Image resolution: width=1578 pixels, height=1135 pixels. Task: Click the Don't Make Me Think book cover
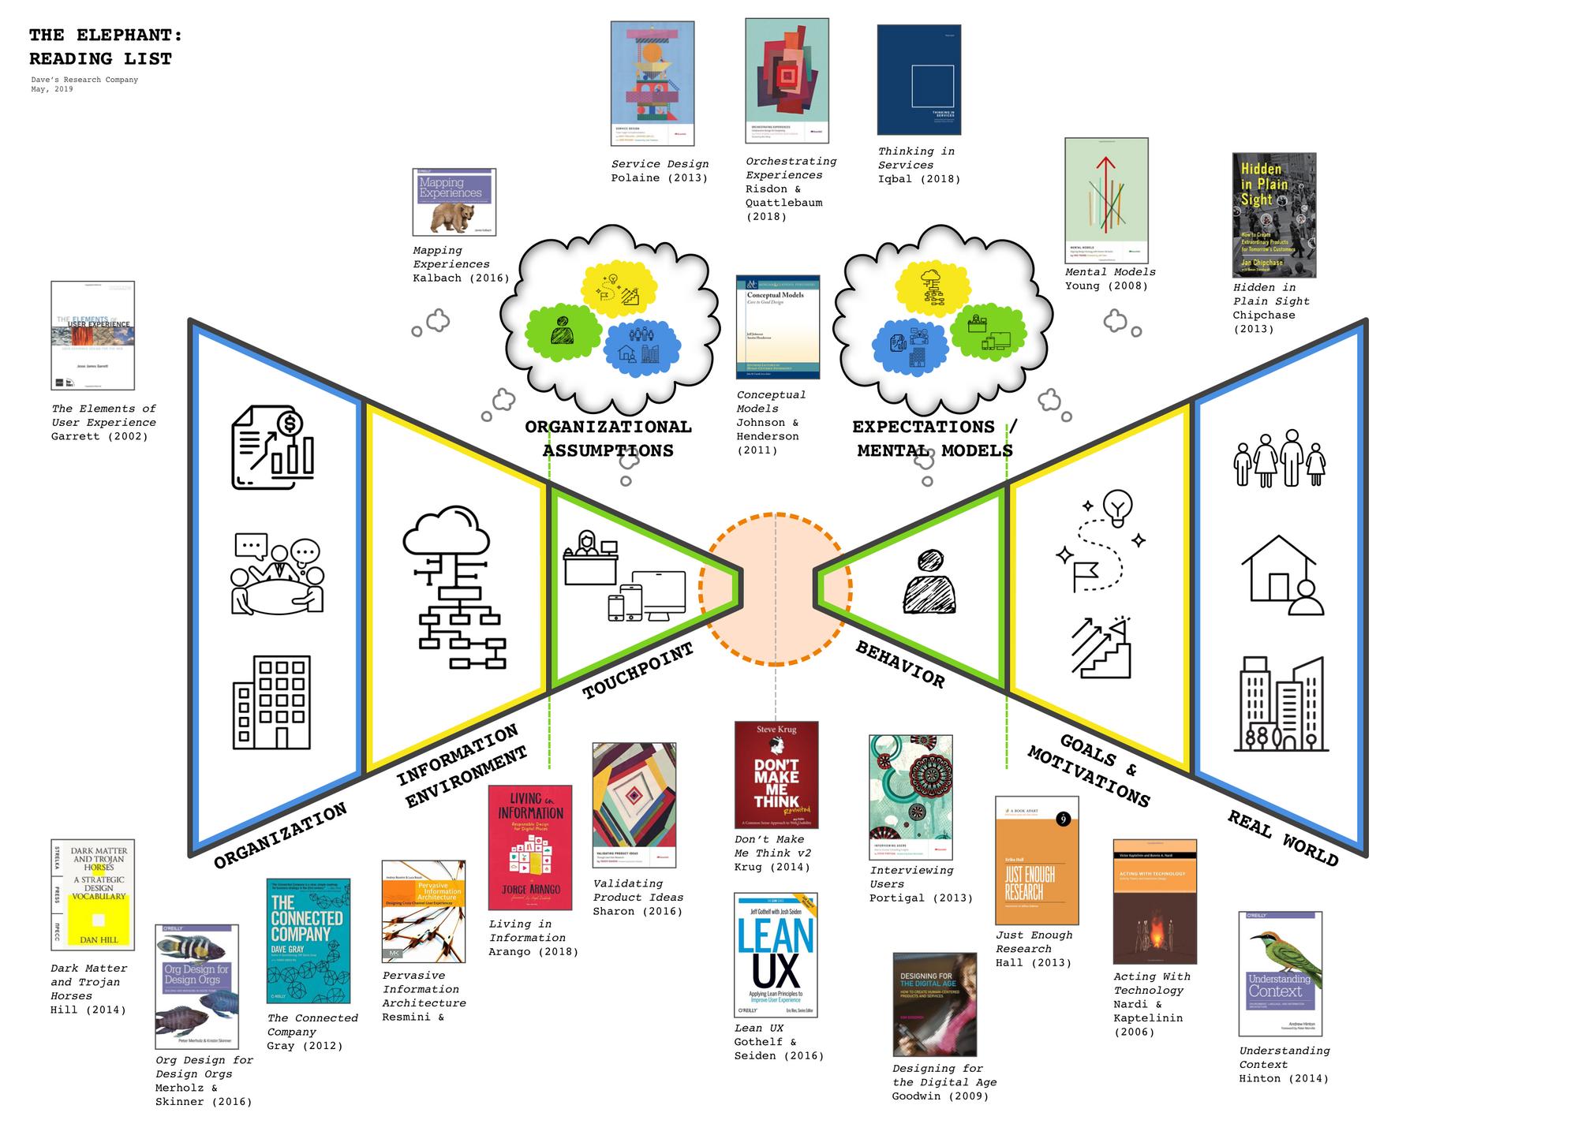click(776, 775)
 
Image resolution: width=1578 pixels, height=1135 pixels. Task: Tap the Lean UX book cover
click(776, 955)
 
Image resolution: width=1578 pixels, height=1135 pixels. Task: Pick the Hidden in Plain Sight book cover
click(1273, 215)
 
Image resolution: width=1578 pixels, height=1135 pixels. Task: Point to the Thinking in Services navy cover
click(918, 80)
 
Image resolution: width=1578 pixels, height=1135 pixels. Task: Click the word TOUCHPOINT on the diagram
click(638, 670)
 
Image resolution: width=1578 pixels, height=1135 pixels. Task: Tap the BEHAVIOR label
click(900, 664)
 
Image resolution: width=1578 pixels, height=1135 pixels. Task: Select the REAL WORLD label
click(1282, 838)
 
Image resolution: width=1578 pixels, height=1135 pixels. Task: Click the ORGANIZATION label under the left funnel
click(280, 835)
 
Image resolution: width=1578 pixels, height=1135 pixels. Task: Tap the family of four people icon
click(1279, 458)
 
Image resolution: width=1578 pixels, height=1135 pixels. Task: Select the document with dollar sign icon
click(272, 447)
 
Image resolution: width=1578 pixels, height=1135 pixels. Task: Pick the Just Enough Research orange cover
click(1036, 861)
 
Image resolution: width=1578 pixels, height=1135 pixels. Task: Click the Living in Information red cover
click(529, 848)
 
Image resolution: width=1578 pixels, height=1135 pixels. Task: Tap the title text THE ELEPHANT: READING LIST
click(105, 47)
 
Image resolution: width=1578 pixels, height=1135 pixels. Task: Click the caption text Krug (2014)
click(772, 867)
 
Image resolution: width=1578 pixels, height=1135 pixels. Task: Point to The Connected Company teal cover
click(308, 941)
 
